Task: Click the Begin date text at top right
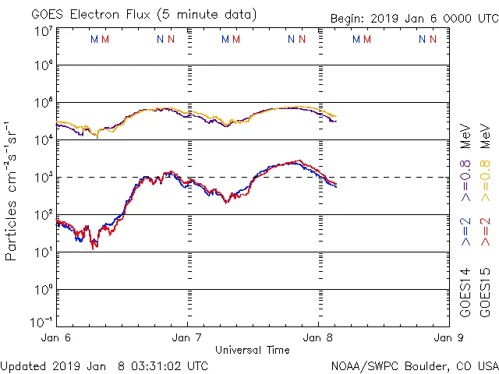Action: point(413,18)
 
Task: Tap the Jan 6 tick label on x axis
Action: point(57,338)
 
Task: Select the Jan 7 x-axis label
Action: point(187,338)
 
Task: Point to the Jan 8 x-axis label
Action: point(317,338)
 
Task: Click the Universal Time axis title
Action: point(252,350)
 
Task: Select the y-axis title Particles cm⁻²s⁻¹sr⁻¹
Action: point(12,192)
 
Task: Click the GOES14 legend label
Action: point(465,292)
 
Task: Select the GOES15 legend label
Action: point(484,292)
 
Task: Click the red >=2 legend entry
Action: point(484,232)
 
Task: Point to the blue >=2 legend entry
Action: point(465,232)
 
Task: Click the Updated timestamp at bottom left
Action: point(104,365)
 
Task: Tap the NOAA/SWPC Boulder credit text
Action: point(414,365)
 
